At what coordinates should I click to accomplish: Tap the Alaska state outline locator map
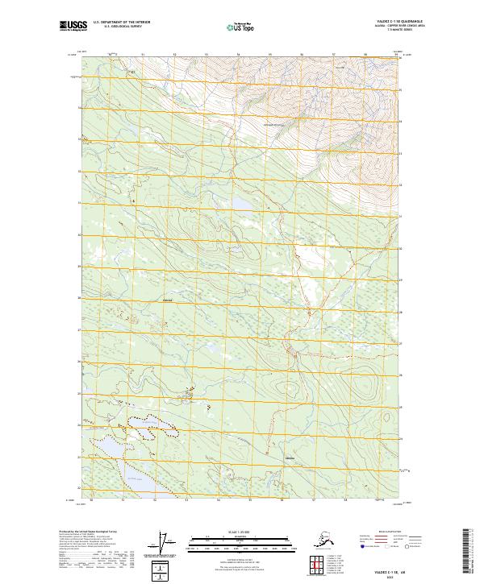308,541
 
